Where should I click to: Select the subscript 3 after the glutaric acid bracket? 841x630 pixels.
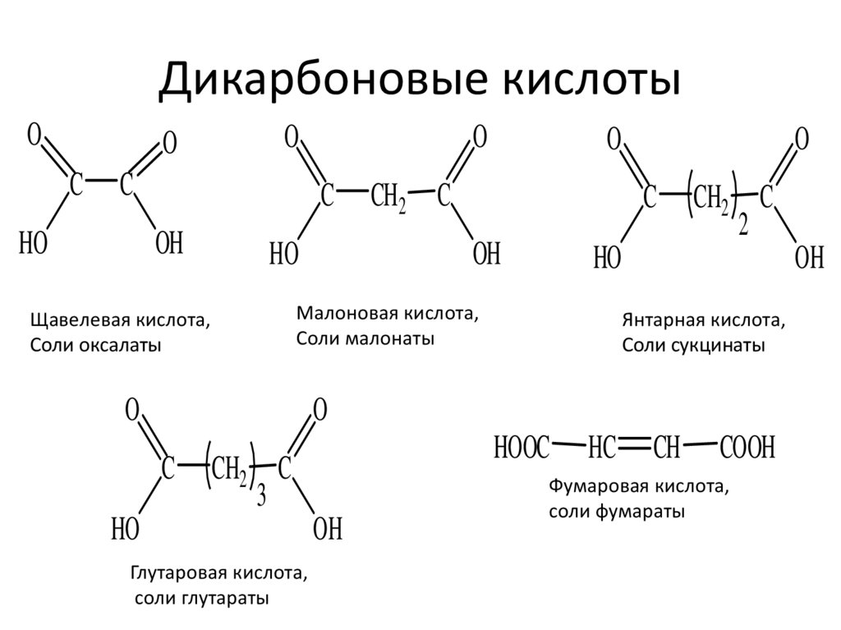261,497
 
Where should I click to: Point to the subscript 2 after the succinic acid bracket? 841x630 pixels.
743,227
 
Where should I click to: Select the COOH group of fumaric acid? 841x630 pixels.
747,448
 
